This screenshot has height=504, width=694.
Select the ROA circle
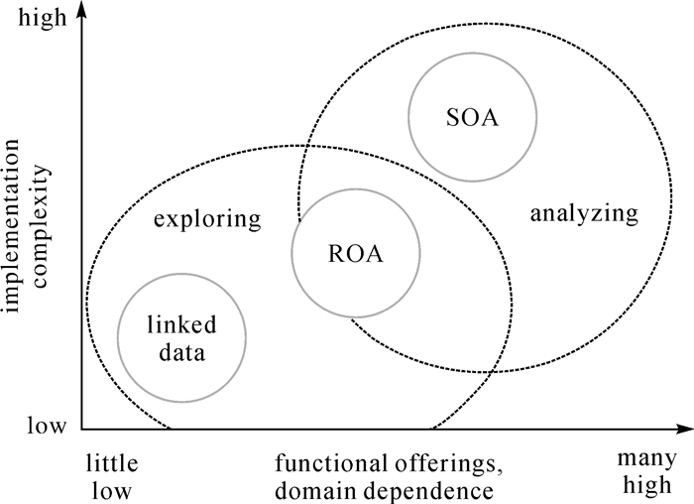[355, 253]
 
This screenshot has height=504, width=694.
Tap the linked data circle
[181, 337]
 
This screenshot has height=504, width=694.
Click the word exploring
[207, 219]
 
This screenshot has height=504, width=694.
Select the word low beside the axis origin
[47, 428]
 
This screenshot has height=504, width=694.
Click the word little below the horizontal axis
[111, 464]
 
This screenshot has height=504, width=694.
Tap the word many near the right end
[645, 462]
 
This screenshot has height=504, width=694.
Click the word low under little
[111, 490]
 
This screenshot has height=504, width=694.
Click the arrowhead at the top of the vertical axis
[81, 10]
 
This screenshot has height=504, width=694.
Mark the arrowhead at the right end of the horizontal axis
[685, 430]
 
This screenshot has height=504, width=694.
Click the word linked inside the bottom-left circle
[181, 325]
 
